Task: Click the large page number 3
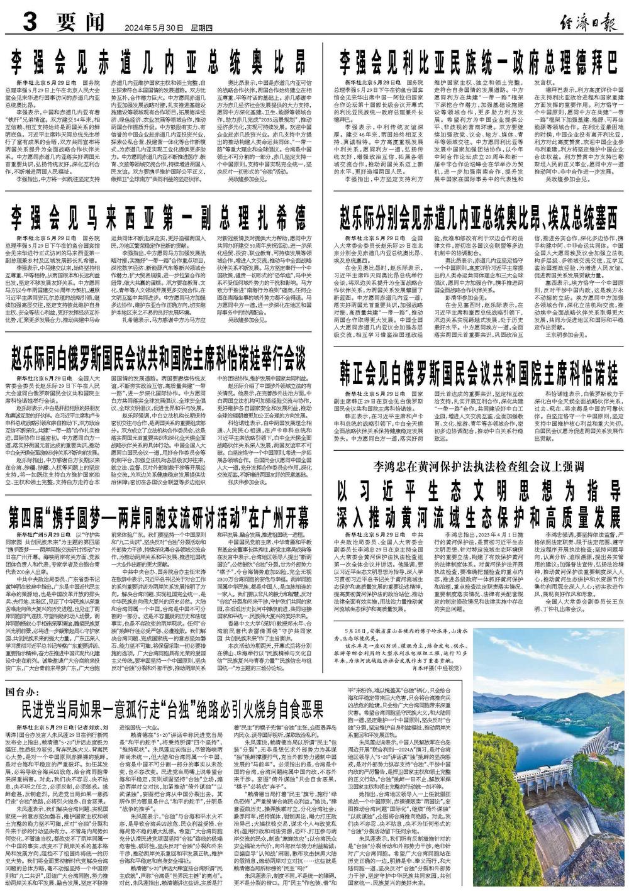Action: [28, 22]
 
